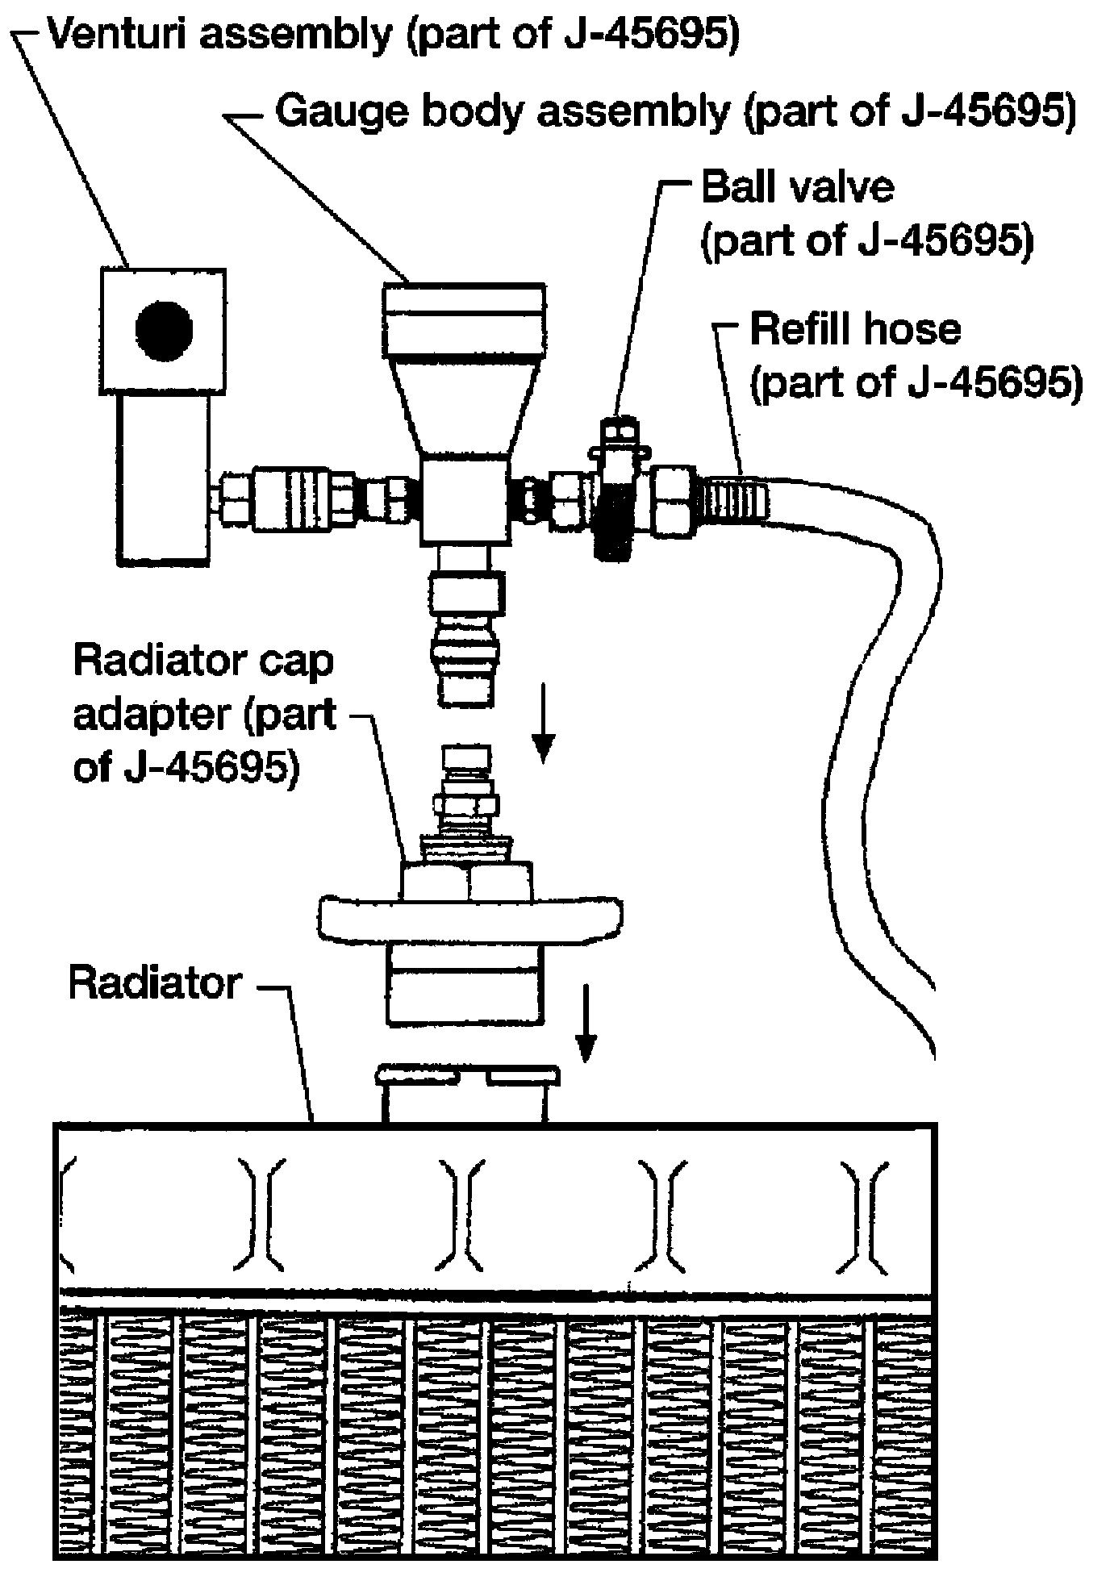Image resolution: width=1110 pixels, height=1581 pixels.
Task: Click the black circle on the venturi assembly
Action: click(164, 330)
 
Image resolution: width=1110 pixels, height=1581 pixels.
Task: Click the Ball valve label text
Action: click(798, 187)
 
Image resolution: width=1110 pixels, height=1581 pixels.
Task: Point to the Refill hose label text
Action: click(856, 330)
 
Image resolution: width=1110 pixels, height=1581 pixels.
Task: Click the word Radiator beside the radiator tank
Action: click(156, 983)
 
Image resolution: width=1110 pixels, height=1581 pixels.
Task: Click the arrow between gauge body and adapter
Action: click(545, 723)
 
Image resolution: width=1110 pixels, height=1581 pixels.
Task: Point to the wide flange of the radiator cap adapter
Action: click(469, 917)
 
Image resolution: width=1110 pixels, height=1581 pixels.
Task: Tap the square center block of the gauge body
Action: click(465, 500)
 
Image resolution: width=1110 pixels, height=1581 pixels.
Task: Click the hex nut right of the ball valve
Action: click(675, 500)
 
